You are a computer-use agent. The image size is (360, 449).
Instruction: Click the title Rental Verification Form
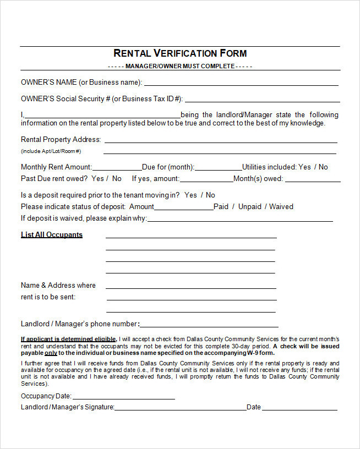(180, 53)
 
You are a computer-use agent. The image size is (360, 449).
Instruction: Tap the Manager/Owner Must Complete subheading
(180, 67)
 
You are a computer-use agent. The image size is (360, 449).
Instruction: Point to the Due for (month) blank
(218, 169)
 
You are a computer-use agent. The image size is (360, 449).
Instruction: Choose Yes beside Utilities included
(304, 167)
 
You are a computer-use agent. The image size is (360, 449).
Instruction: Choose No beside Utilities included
(323, 167)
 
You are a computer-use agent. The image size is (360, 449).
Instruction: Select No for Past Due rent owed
(117, 178)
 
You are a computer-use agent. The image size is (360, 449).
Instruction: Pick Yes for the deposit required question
(190, 195)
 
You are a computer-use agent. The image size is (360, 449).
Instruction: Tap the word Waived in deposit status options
(281, 206)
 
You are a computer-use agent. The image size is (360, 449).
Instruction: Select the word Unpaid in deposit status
(250, 206)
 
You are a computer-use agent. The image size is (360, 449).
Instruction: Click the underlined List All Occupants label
(52, 234)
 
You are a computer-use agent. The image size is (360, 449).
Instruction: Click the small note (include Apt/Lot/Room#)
(51, 151)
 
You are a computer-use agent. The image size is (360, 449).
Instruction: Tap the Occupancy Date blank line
(123, 398)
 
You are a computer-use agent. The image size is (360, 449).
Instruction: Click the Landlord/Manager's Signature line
(180, 409)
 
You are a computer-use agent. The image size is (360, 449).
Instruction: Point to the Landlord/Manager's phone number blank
(209, 326)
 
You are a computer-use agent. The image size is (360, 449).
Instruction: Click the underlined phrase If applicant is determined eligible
(68, 339)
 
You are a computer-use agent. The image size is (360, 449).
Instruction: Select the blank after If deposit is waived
(240, 220)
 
